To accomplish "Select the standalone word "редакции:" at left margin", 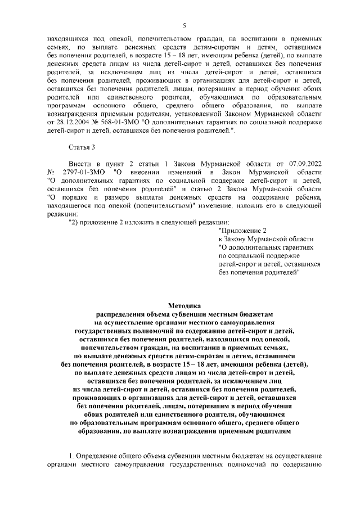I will coord(64,214).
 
